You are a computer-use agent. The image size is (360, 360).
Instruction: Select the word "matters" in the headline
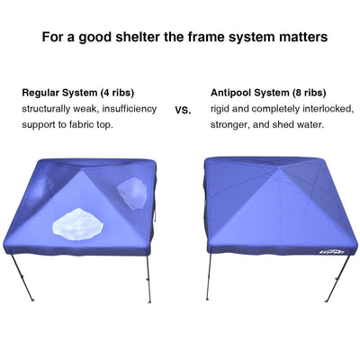tap(302, 37)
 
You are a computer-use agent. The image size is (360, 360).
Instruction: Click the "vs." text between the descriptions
tap(183, 110)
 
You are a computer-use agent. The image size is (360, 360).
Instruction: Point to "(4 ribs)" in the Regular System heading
tap(117, 93)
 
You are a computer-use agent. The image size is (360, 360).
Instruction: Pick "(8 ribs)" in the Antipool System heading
tap(310, 93)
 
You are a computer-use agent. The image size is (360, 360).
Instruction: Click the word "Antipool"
tap(230, 93)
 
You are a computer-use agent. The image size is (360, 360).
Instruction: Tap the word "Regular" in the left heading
tap(40, 93)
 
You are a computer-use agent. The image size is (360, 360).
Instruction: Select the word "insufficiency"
tap(130, 109)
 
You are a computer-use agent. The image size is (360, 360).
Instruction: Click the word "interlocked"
tap(328, 109)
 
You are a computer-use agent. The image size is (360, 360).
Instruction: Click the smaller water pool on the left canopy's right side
tap(132, 193)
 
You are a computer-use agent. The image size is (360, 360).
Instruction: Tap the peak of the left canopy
tap(79, 171)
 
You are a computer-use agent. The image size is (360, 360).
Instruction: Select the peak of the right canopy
tap(279, 168)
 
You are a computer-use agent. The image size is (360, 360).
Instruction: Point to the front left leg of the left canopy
tap(22, 277)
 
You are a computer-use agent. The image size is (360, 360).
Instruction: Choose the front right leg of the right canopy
tap(337, 278)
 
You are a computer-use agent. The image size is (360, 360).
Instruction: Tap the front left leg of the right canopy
tap(209, 277)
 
